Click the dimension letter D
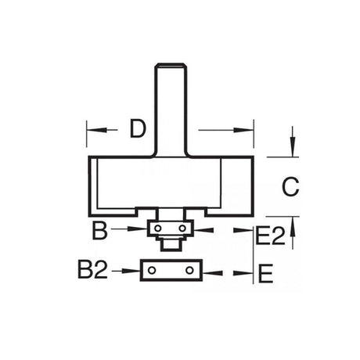pyautogui.click(x=138, y=128)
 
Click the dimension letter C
pyautogui.click(x=290, y=187)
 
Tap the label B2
pyautogui.click(x=93, y=269)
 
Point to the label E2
pyautogui.click(x=271, y=236)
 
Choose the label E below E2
pyautogui.click(x=265, y=273)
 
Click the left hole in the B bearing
pyautogui.click(x=157, y=229)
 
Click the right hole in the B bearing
pyautogui.click(x=182, y=229)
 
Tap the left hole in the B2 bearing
pyautogui.click(x=152, y=270)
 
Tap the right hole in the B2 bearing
pyautogui.click(x=189, y=270)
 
